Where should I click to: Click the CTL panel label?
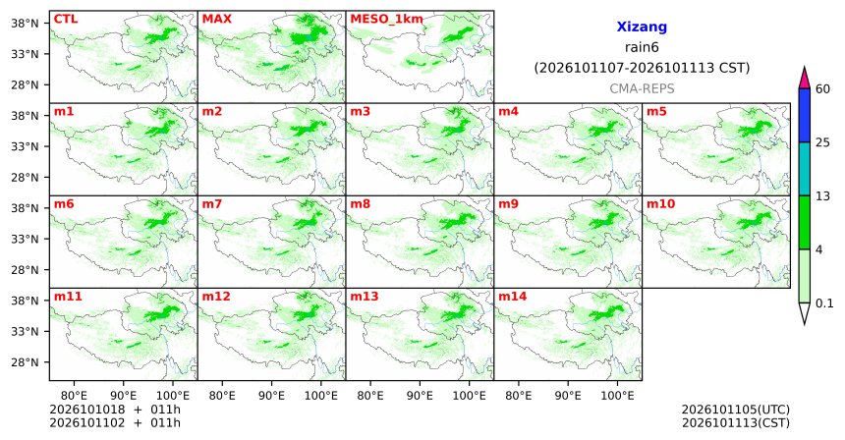coord(66,19)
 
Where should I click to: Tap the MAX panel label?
coord(216,19)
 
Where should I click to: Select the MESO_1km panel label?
coord(386,20)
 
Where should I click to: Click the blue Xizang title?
coord(642,27)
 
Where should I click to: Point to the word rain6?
coord(642,47)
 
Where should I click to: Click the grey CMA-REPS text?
coord(642,88)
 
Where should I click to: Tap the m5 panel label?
coord(656,112)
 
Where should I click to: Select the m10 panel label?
coord(660,204)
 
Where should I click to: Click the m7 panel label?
coord(212,204)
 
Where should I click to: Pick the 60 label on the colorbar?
coord(823,88)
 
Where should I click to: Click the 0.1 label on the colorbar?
coord(824,303)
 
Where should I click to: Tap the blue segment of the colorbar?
coord(805,115)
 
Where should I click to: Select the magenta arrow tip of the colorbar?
coord(805,68)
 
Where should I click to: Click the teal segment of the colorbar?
coord(805,169)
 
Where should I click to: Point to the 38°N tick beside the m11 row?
coord(25,301)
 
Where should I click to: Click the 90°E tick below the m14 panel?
coord(568,396)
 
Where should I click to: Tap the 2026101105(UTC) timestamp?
coord(736,410)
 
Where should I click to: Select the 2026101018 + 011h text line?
coord(115,410)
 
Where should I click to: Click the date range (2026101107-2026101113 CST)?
coord(642,68)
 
